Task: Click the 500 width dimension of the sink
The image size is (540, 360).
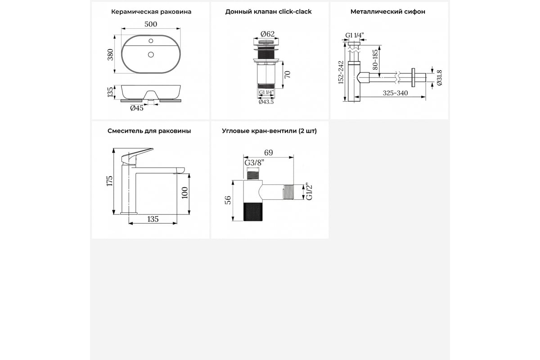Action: [x=151, y=24]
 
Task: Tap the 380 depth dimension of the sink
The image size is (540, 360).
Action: [x=110, y=54]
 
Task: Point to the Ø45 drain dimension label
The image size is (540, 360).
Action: [x=137, y=108]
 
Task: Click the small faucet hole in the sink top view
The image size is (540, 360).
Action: [x=151, y=41]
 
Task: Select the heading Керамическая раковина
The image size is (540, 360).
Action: [x=151, y=12]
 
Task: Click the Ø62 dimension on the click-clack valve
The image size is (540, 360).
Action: [x=268, y=34]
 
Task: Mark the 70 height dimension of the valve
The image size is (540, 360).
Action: [x=288, y=75]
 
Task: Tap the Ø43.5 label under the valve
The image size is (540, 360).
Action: [x=266, y=102]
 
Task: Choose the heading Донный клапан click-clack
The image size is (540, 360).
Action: [x=268, y=12]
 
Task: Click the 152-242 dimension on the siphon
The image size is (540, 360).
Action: [x=341, y=72]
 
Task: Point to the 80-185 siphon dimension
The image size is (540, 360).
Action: [x=375, y=59]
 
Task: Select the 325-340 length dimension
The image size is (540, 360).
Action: [x=396, y=93]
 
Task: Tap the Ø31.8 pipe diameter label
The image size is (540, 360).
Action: [x=439, y=78]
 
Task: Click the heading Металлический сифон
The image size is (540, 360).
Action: [x=388, y=12]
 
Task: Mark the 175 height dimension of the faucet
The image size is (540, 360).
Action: [x=110, y=181]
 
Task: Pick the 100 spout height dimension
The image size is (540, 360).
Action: [x=184, y=193]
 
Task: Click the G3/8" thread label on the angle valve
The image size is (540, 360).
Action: [x=254, y=163]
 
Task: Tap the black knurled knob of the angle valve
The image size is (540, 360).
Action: [x=253, y=211]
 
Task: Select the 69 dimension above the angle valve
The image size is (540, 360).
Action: [x=268, y=153]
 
